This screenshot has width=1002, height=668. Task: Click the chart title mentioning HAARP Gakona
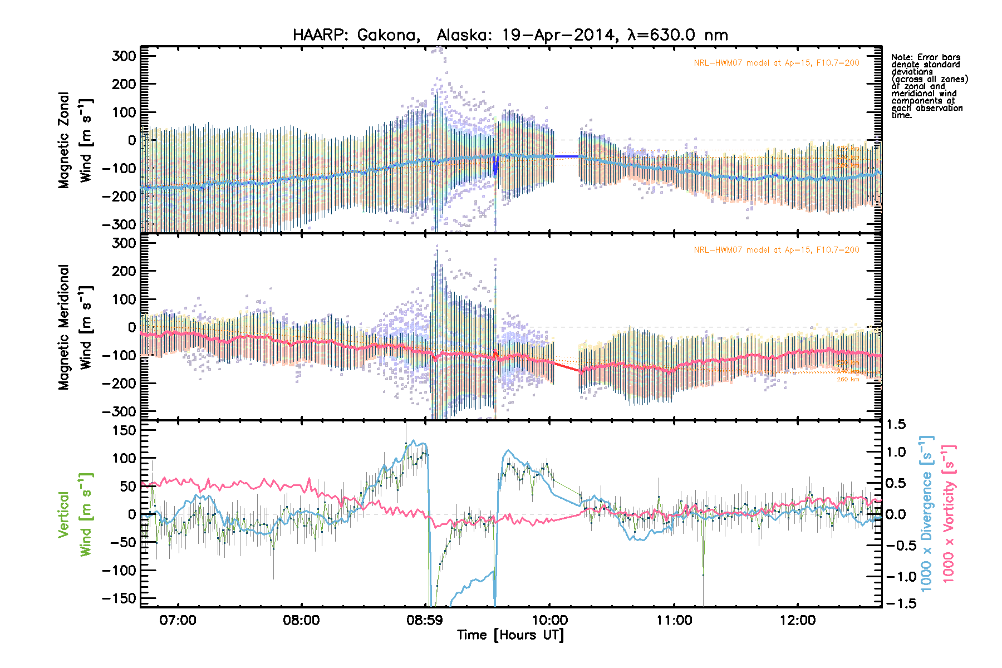pyautogui.click(x=510, y=35)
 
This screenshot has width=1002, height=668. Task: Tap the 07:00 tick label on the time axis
pyautogui.click(x=178, y=620)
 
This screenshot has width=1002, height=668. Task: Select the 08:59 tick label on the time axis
pyautogui.click(x=425, y=620)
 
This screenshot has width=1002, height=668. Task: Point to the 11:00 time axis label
pyautogui.click(x=674, y=620)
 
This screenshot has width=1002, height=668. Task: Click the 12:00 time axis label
pyautogui.click(x=798, y=620)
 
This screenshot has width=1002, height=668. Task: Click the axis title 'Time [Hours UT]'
pyautogui.click(x=510, y=635)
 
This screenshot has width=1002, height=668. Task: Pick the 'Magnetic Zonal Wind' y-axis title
pyautogui.click(x=75, y=140)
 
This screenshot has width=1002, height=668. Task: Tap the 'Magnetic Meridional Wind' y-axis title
pyautogui.click(x=75, y=327)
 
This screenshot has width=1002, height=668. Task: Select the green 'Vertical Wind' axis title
pyautogui.click(x=75, y=514)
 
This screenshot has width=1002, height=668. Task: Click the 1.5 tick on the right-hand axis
pyautogui.click(x=896, y=425)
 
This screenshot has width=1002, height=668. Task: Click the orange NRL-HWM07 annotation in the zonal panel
pyautogui.click(x=776, y=63)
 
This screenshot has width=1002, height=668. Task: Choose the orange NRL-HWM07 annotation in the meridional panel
pyautogui.click(x=776, y=250)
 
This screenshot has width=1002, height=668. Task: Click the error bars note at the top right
pyautogui.click(x=929, y=86)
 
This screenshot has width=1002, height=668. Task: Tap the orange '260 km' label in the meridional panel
pyautogui.click(x=848, y=380)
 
